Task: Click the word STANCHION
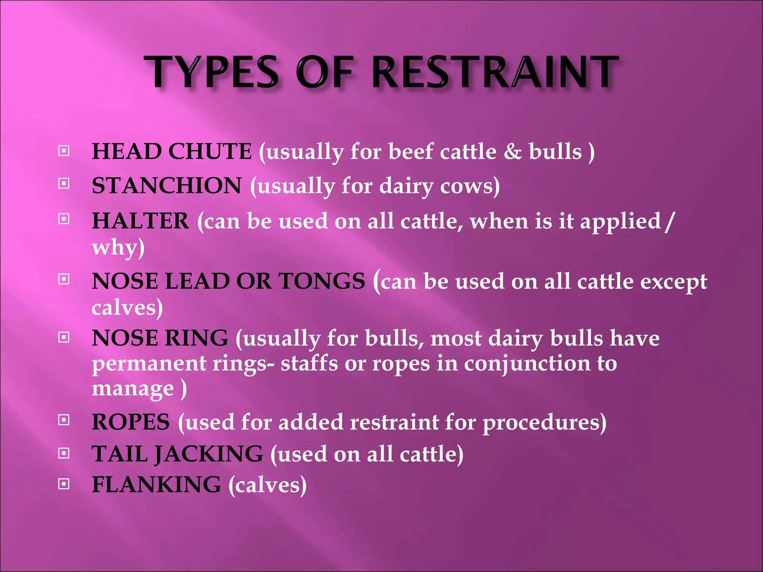click(167, 185)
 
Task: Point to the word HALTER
click(140, 220)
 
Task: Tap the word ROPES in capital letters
click(131, 422)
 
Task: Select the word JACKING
click(209, 454)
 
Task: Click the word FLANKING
click(156, 484)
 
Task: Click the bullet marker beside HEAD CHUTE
click(64, 151)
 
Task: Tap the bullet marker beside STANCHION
click(64, 184)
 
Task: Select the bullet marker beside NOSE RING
click(64, 337)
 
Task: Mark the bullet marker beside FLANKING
click(64, 484)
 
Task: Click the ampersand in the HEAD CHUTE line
click(513, 152)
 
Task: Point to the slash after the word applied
click(669, 221)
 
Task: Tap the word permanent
click(149, 363)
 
